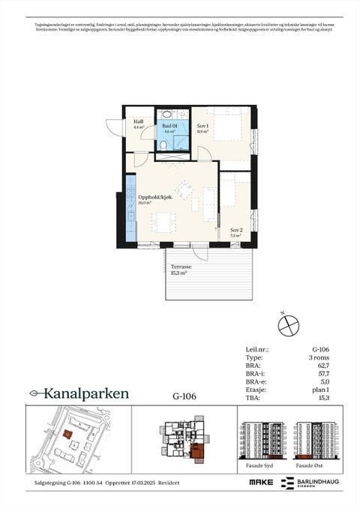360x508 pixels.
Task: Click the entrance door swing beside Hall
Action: pyautogui.click(x=115, y=128)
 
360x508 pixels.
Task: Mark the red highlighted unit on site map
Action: pyautogui.click(x=67, y=433)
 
